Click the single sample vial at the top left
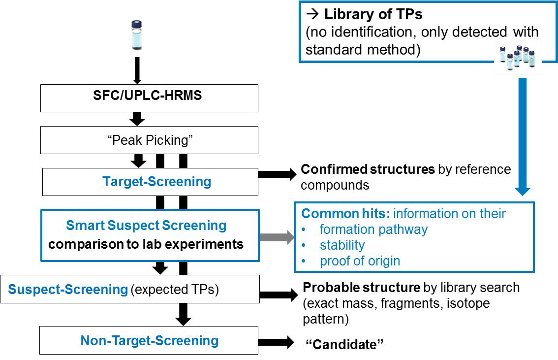coord(137,35)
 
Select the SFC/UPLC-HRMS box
coord(149,96)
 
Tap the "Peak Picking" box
coord(149,140)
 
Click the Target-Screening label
coord(157,182)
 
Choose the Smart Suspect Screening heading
coord(146,226)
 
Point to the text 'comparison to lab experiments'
coord(146,244)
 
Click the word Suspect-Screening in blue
coord(68,289)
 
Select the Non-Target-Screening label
coord(150,340)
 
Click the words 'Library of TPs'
coord(373,14)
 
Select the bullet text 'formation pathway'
coord(373,229)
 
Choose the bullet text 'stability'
coord(342,245)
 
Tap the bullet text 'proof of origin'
coord(360,261)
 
